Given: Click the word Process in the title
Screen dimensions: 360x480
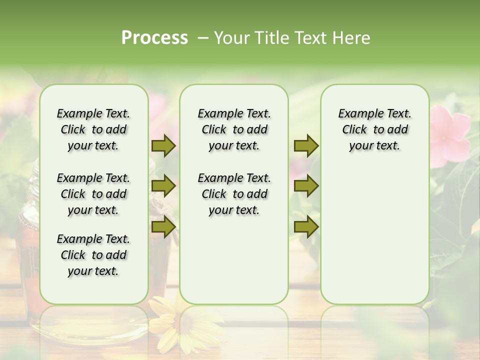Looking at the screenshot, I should (x=154, y=38).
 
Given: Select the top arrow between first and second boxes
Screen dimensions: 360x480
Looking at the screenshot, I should (x=163, y=146).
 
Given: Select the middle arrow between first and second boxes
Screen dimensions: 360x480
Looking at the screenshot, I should (x=163, y=186).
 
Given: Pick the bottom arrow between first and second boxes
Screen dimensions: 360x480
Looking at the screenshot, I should (x=163, y=227).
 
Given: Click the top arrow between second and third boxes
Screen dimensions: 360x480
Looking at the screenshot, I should (x=306, y=146).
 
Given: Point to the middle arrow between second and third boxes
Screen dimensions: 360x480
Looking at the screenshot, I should (x=306, y=186).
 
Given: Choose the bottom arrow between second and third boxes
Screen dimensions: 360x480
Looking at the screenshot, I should (x=306, y=227).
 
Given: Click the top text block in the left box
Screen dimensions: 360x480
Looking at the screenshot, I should (x=93, y=129).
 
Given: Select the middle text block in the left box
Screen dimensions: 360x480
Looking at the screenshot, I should (x=93, y=194).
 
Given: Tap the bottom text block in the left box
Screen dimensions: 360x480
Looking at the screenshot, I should (x=93, y=255).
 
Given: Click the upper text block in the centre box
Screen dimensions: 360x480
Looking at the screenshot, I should (x=234, y=129).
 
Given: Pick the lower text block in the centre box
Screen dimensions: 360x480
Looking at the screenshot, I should (x=234, y=194).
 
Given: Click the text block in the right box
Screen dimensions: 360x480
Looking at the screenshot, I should (x=374, y=129).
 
